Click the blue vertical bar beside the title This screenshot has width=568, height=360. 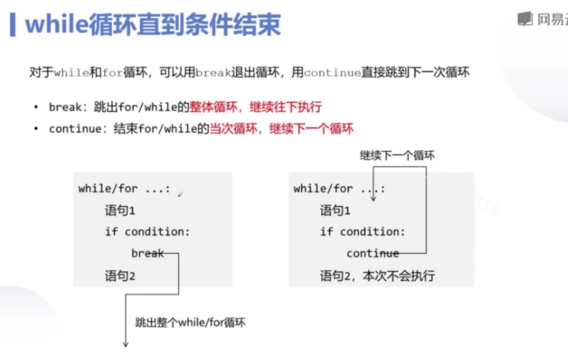12,26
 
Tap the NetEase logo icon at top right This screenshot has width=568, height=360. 526,19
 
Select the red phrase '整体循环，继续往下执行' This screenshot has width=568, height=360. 255,107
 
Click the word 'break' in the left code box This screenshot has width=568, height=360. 147,253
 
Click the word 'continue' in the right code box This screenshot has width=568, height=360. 372,253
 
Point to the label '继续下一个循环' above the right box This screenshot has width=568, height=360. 398,155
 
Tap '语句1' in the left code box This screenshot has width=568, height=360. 120,211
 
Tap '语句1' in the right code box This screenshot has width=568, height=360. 335,211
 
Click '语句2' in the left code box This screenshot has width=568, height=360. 120,275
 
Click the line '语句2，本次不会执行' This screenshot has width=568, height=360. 377,275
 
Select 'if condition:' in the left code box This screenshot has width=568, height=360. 147,232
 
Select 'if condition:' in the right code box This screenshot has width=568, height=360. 362,232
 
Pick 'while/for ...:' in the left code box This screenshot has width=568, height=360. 124,189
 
